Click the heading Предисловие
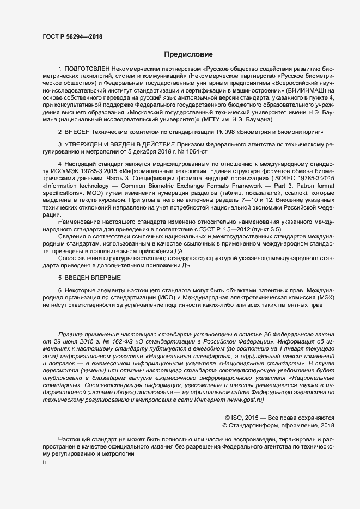189,54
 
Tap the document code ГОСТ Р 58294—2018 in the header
72,36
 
